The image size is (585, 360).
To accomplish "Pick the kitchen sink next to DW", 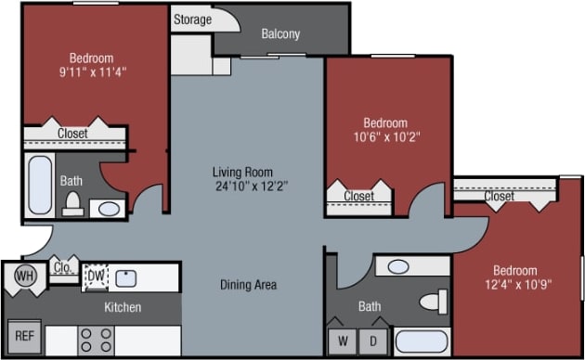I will (x=127, y=277).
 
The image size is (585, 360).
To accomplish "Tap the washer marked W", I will (x=343, y=341).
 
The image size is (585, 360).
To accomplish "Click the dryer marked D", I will (x=375, y=341).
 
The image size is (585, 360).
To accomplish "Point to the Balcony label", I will (x=280, y=34).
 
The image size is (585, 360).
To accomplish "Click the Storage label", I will (x=192, y=19).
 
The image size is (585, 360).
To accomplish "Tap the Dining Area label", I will (x=248, y=285).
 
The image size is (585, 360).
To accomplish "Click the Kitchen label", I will (x=122, y=307).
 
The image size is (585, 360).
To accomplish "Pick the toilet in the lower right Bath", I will (x=432, y=302).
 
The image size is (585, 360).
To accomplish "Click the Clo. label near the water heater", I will (x=63, y=269).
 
